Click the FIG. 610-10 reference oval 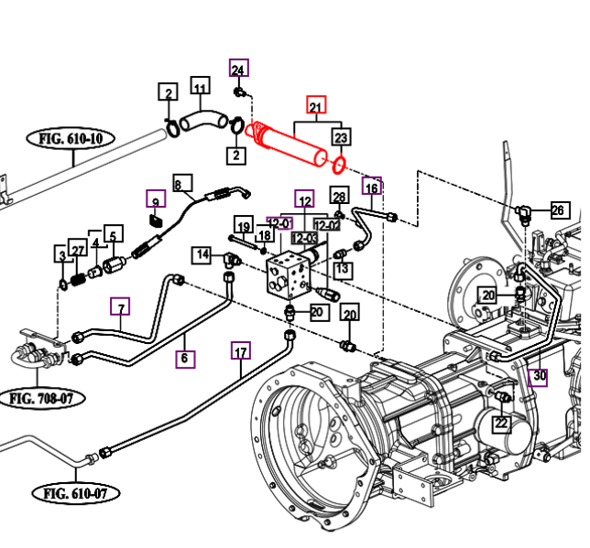[x=76, y=140]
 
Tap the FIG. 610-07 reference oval [x=80, y=494]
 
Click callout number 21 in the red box [x=316, y=106]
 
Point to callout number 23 [x=341, y=138]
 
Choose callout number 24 [x=238, y=70]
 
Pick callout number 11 [x=201, y=89]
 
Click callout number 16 [x=371, y=188]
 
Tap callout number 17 [x=241, y=352]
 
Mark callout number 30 [x=539, y=375]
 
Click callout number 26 [x=559, y=210]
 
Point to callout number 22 [x=501, y=423]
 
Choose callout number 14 [x=202, y=254]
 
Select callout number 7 [x=121, y=307]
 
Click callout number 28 [x=339, y=196]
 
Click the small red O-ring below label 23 [x=338, y=166]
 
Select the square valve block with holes [x=290, y=274]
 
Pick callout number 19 [x=243, y=226]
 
